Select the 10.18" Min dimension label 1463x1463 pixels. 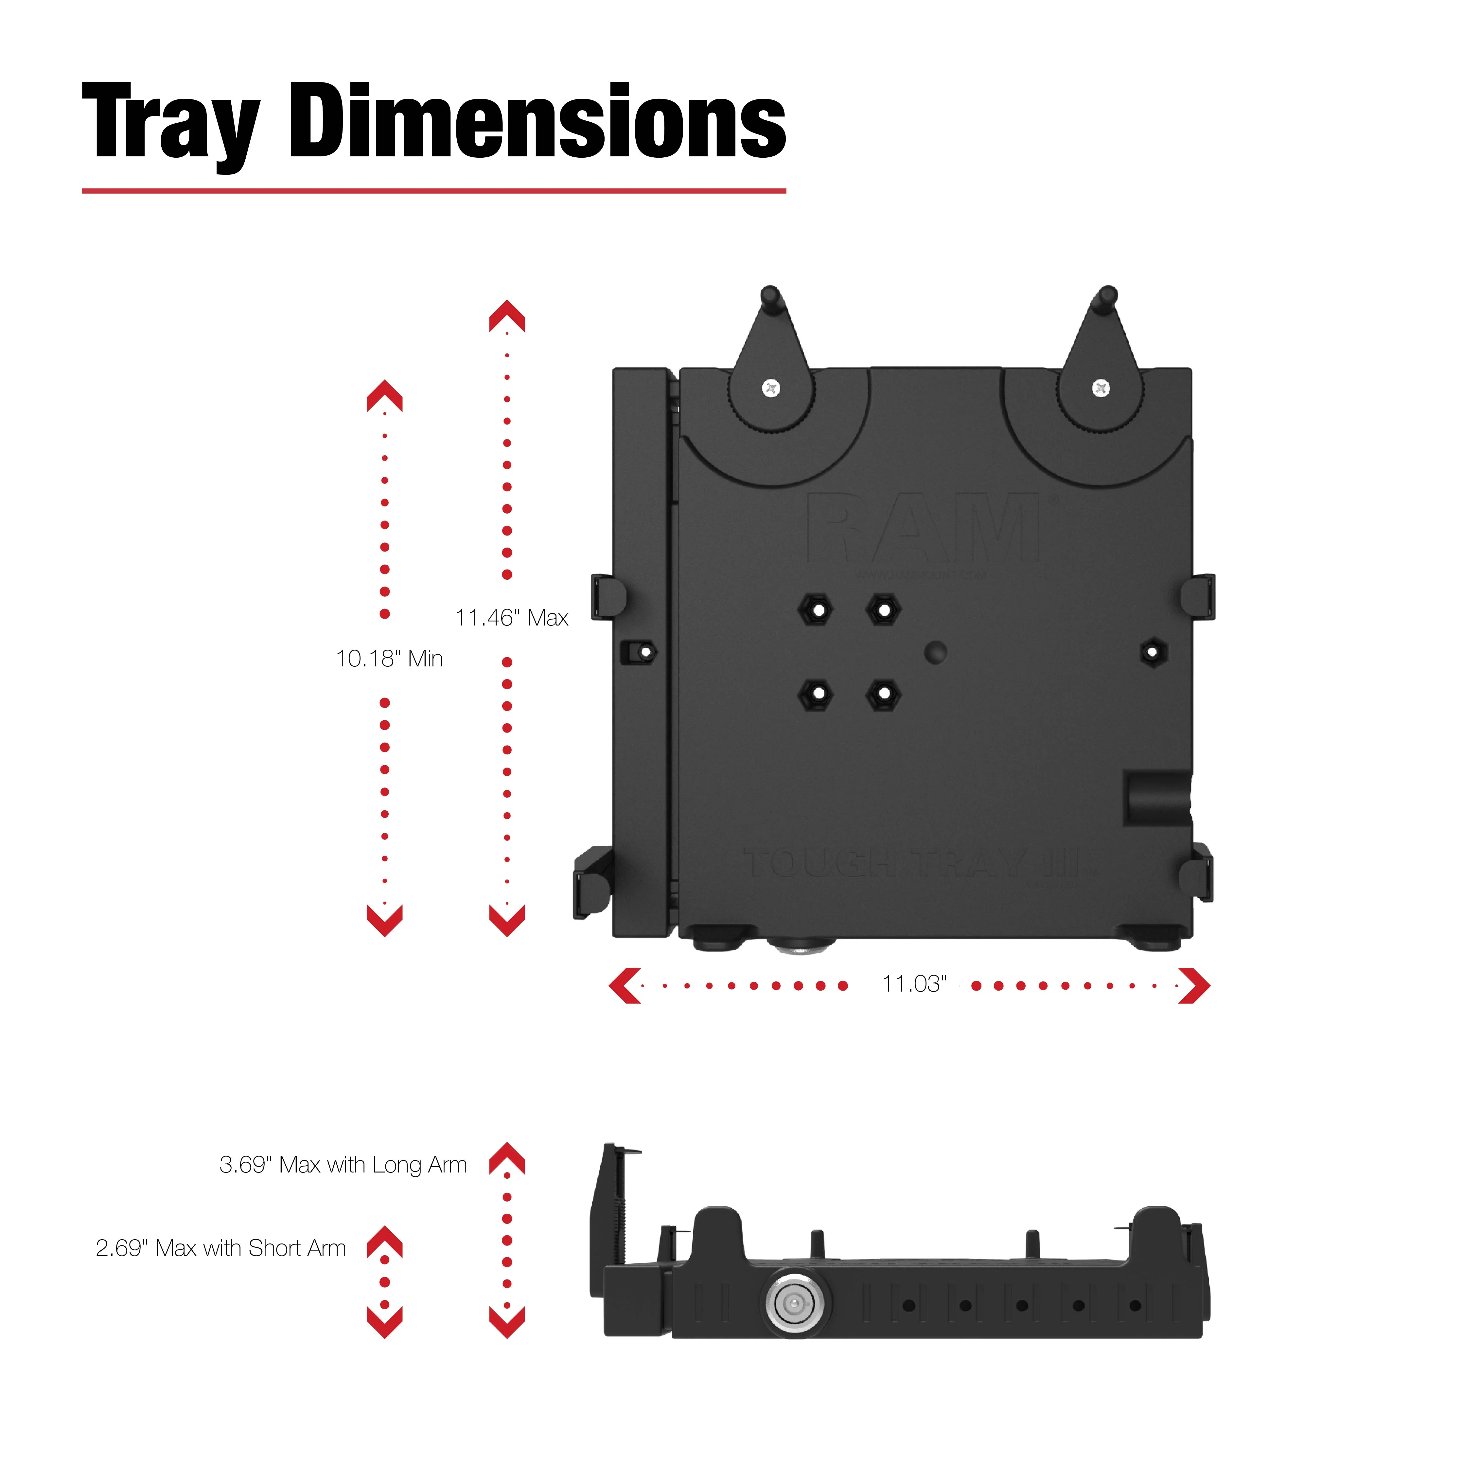[389, 659]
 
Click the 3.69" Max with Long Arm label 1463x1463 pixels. [343, 1165]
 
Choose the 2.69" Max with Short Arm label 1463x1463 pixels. [220, 1248]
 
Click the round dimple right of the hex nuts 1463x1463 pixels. [936, 652]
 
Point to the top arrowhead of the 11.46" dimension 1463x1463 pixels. [507, 316]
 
